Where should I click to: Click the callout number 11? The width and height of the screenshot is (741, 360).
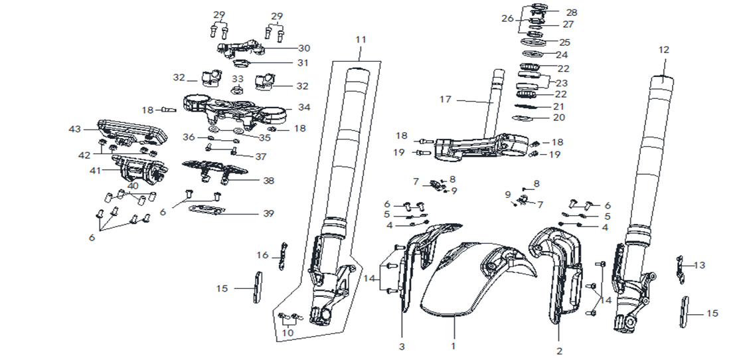(360, 40)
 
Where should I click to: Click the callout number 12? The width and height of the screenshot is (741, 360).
(664, 50)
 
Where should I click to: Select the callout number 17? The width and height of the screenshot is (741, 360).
(445, 100)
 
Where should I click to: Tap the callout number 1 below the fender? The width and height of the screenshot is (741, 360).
(453, 345)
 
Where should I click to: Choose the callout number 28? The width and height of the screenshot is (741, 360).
(571, 13)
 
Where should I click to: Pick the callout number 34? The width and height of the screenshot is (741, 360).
(303, 107)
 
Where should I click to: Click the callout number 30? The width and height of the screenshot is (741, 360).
(303, 48)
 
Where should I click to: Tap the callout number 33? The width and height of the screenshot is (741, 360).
(237, 78)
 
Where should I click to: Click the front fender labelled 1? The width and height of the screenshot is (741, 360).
(465, 279)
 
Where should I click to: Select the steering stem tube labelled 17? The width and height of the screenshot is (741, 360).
(495, 100)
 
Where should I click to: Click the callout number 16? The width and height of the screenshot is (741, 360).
(263, 255)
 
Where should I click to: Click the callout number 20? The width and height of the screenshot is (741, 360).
(559, 118)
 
